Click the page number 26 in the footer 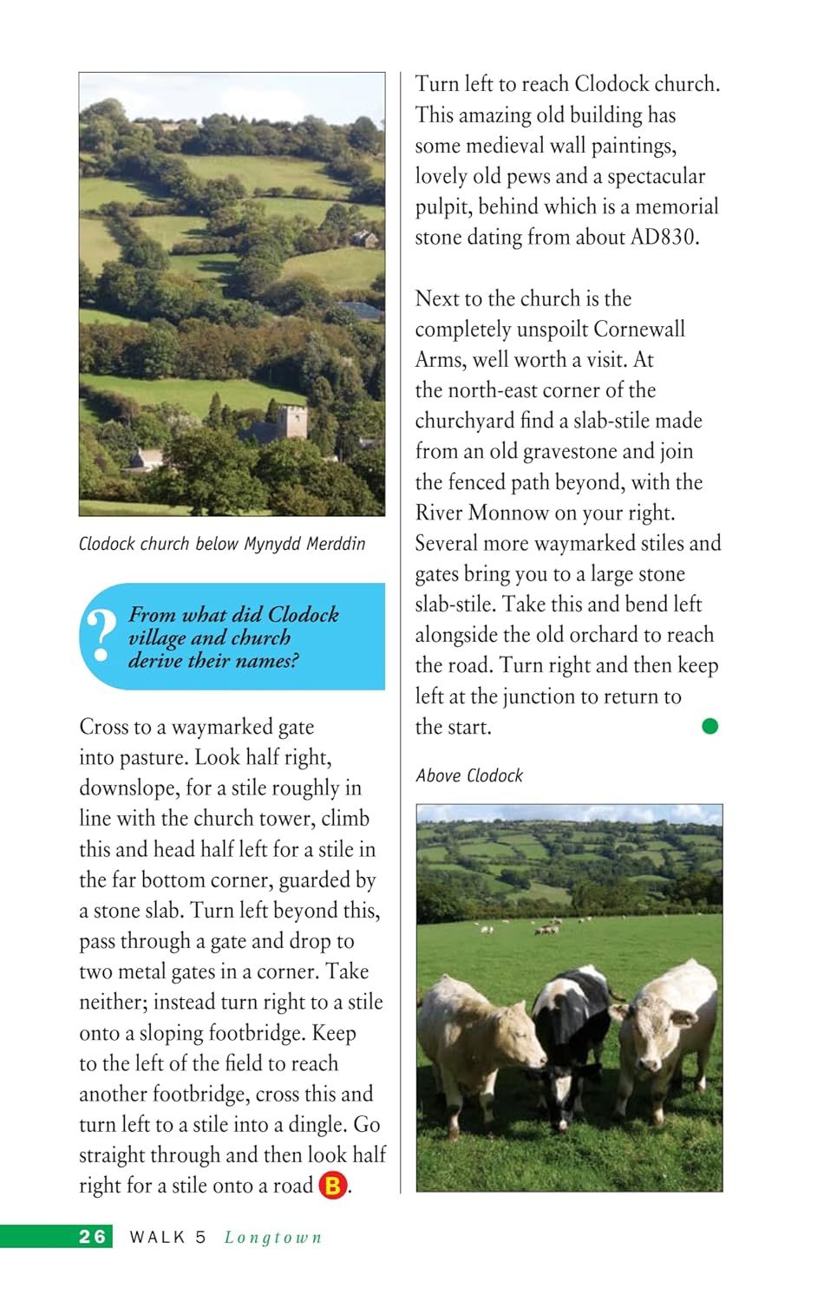92,1236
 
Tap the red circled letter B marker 333,1185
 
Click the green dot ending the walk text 710,726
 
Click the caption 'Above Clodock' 469,775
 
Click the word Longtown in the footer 273,1237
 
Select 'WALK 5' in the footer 167,1237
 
